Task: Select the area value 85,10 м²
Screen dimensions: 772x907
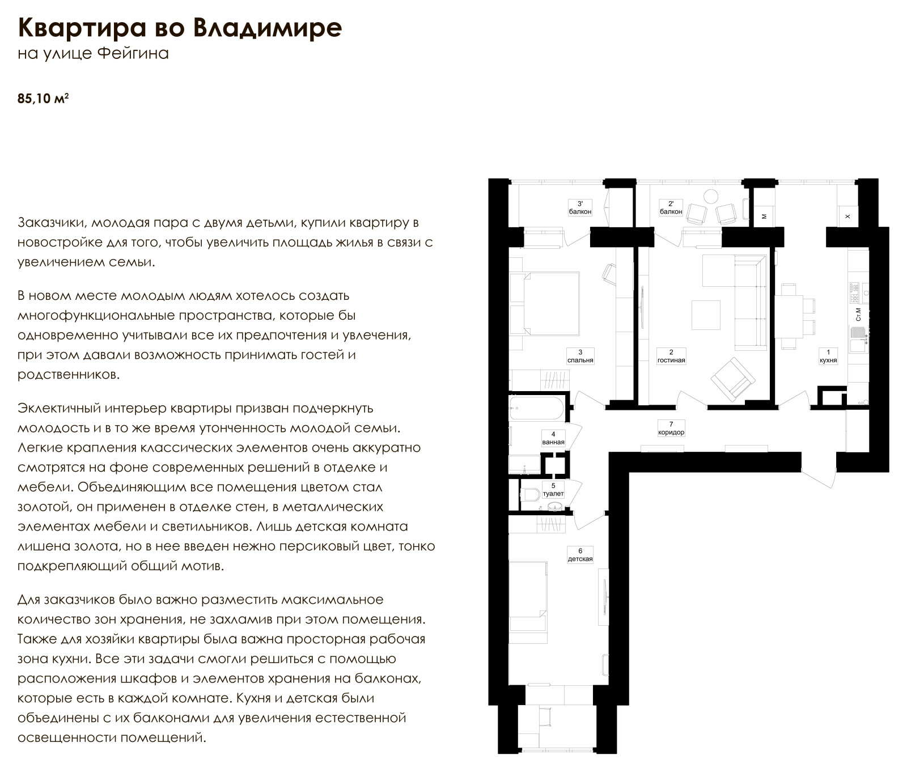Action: click(x=43, y=99)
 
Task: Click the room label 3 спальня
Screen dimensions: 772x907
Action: click(x=580, y=356)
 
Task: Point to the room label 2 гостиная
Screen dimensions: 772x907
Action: click(x=671, y=356)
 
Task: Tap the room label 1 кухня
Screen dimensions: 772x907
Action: click(x=828, y=356)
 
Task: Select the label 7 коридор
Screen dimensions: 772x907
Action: click(x=671, y=428)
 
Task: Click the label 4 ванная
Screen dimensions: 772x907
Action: click(x=553, y=438)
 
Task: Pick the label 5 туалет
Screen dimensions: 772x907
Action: click(x=553, y=489)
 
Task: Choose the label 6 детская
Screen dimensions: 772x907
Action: click(x=580, y=554)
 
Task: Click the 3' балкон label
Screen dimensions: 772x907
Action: click(x=580, y=207)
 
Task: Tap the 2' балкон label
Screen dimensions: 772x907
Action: click(x=671, y=207)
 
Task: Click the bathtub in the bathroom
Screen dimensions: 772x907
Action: click(x=536, y=408)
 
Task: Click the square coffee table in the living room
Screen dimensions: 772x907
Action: click(x=706, y=315)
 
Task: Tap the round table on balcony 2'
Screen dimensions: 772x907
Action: click(x=711, y=197)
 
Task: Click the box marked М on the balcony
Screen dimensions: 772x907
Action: click(x=764, y=215)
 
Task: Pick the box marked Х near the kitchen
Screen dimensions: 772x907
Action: click(x=847, y=215)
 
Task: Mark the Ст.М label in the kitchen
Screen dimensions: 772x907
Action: click(x=858, y=314)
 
